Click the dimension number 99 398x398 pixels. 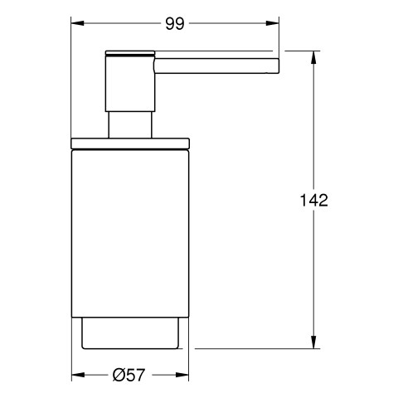[175, 24]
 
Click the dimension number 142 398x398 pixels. [314, 200]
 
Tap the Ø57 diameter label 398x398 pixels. [129, 375]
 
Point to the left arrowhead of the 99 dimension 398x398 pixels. [77, 23]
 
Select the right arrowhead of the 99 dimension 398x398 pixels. [273, 23]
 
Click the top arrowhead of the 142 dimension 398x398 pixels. [313, 57]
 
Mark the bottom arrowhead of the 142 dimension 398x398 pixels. [313, 342]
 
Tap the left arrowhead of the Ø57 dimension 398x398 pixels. [78, 375]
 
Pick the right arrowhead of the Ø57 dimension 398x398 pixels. [182, 375]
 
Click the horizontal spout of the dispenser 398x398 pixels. [217, 66]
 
